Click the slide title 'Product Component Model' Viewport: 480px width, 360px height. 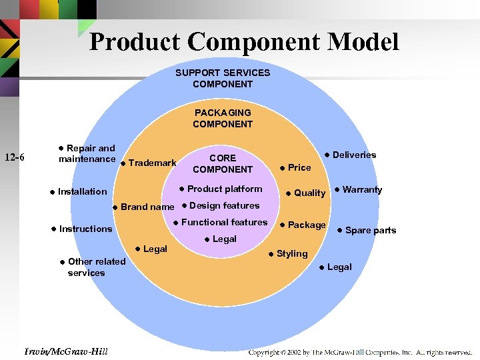click(x=244, y=42)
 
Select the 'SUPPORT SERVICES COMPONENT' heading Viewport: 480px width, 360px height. click(x=223, y=78)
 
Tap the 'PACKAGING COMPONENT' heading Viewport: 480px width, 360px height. click(x=223, y=118)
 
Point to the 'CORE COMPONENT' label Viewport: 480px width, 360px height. click(x=223, y=163)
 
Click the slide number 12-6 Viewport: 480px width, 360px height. click(x=15, y=158)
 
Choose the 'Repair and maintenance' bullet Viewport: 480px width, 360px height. click(x=87, y=153)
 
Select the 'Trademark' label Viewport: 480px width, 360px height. click(x=152, y=163)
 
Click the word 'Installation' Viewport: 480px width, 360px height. click(x=82, y=191)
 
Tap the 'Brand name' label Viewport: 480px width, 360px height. click(x=147, y=207)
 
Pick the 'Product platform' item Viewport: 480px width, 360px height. click(x=225, y=189)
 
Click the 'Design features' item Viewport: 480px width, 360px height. click(x=224, y=205)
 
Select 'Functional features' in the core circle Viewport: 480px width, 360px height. click(x=224, y=222)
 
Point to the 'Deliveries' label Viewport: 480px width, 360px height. click(x=354, y=155)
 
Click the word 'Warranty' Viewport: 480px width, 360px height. click(x=362, y=189)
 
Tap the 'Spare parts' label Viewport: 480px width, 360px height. click(x=370, y=230)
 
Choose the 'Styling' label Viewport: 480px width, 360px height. click(x=292, y=253)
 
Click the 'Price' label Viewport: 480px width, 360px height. click(x=299, y=167)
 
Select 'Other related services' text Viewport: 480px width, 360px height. click(x=96, y=267)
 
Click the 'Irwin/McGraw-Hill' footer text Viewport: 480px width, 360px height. click(x=65, y=351)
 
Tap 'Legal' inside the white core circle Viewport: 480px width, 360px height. click(x=224, y=239)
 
